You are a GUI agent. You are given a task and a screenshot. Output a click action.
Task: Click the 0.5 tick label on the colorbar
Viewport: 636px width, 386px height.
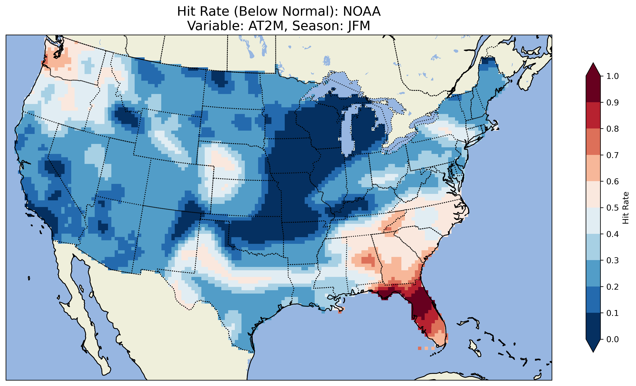613,208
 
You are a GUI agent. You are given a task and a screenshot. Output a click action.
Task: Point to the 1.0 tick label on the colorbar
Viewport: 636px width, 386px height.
613,76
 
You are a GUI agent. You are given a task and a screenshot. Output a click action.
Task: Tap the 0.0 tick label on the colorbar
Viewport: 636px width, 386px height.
613,339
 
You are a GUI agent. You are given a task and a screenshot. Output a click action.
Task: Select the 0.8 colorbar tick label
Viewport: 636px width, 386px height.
613,129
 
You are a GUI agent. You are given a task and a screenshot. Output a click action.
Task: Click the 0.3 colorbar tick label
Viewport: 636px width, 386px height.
613,260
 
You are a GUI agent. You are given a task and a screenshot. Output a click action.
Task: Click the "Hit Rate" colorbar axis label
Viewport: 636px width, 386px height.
626,208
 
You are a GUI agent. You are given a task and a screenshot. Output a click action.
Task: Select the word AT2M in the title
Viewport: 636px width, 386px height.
266,26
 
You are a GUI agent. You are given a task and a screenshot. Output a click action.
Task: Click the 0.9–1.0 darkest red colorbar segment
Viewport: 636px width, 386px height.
593,89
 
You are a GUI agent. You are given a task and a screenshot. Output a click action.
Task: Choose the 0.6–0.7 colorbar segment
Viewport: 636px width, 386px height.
593,168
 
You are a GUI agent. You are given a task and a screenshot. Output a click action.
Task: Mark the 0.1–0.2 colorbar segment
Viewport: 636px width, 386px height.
593,300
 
